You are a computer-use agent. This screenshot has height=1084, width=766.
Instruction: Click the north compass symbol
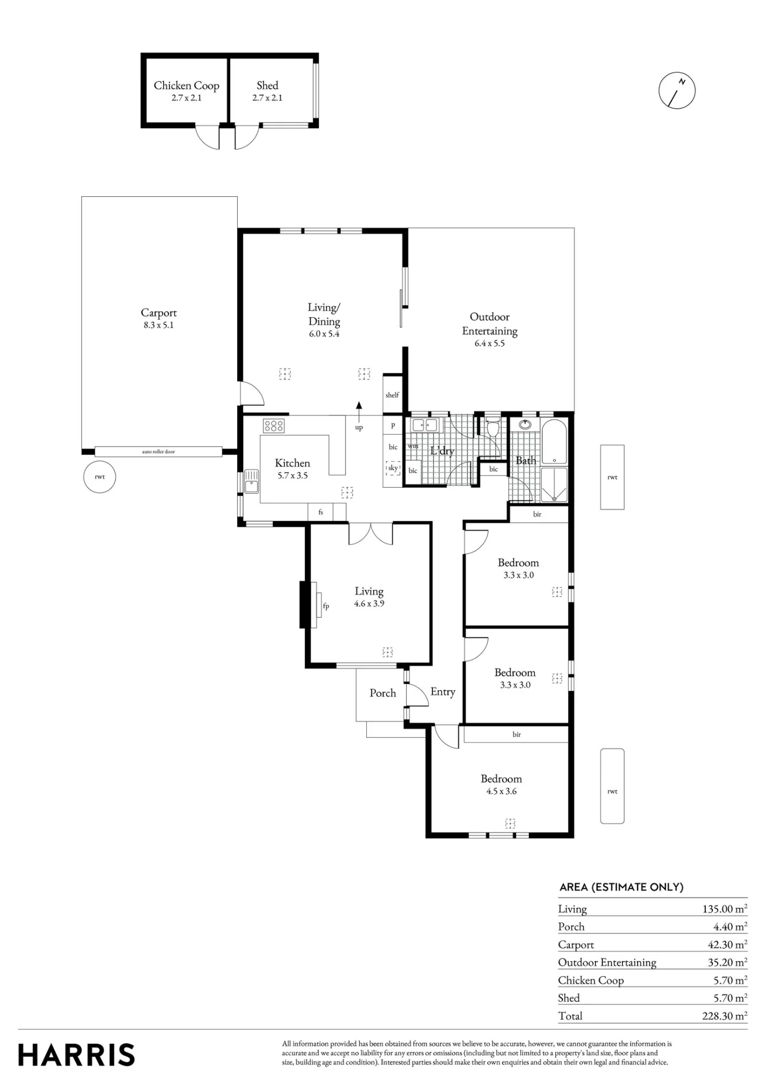(x=677, y=90)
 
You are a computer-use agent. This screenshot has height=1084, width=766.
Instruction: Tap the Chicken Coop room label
(x=186, y=86)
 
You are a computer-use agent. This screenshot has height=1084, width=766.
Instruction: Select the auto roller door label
(x=159, y=451)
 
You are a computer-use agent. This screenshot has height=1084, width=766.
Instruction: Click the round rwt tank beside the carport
(x=100, y=477)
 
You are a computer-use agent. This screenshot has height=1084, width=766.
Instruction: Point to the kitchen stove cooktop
(x=274, y=425)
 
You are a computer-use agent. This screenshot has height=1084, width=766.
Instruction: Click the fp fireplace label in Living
(x=326, y=606)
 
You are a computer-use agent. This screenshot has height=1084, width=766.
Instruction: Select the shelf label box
(x=392, y=395)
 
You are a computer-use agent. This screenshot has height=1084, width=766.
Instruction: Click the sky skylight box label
(x=393, y=468)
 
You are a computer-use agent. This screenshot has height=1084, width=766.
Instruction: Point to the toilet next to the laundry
(x=493, y=427)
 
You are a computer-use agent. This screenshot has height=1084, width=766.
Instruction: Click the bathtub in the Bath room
(x=554, y=442)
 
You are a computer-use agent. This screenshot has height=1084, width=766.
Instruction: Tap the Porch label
(x=382, y=693)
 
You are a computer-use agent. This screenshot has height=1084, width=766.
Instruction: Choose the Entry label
(x=443, y=692)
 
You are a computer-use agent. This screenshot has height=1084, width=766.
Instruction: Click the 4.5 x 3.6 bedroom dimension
(x=501, y=791)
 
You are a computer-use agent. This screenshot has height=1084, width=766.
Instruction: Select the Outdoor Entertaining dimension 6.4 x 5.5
(x=490, y=343)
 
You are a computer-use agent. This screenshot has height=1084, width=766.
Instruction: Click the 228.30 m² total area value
(x=725, y=1016)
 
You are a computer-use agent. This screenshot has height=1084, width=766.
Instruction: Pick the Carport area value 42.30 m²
(x=728, y=944)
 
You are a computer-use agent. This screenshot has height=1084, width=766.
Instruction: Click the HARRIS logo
(x=76, y=1055)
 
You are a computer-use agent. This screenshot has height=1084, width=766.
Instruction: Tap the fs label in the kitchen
(x=321, y=512)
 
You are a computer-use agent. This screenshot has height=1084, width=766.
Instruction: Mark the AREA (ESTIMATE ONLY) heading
(x=621, y=887)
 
